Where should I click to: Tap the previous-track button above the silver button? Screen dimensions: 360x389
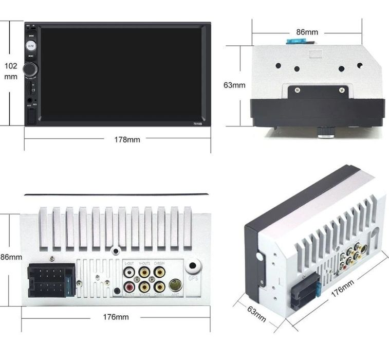31,36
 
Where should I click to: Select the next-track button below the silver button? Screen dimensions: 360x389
31,56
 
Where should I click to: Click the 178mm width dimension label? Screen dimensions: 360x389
127,139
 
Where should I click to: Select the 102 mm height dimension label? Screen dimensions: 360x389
11,71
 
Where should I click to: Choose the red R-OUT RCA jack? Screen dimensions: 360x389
128,286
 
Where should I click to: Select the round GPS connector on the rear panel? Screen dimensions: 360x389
193,267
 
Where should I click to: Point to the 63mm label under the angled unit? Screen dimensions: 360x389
256,314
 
